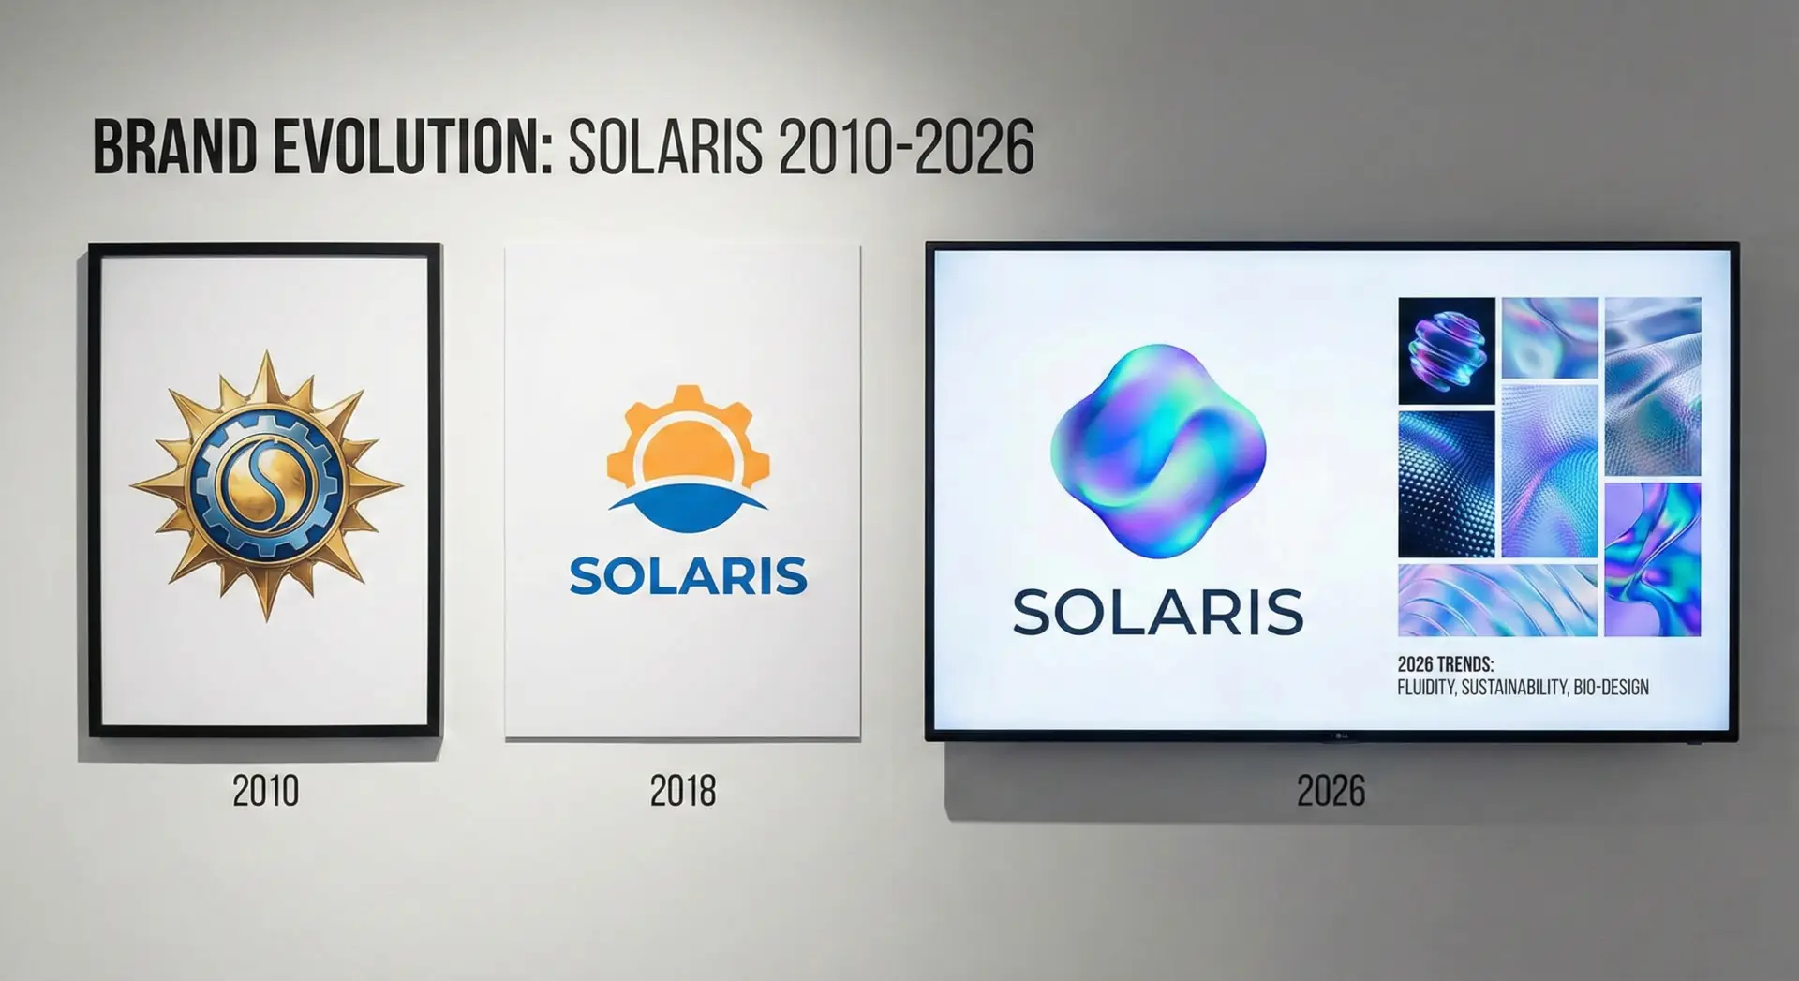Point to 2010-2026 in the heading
[906, 147]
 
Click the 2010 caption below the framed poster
[266, 792]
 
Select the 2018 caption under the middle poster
[683, 792]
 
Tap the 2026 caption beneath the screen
[1331, 792]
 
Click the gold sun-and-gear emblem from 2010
[266, 485]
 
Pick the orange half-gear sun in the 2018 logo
[689, 436]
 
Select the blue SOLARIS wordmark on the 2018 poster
[689, 575]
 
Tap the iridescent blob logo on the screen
[1158, 451]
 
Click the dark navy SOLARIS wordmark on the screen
[1158, 613]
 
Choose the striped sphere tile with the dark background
[1447, 350]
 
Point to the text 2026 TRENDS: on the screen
[1446, 664]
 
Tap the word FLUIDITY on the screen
[1427, 688]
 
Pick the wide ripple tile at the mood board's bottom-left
[1497, 601]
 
